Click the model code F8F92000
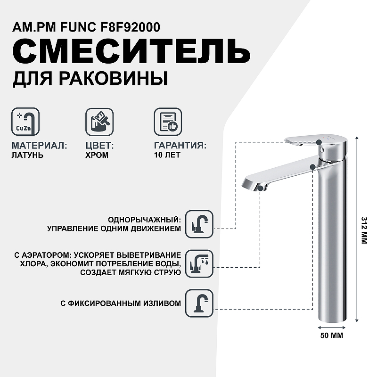tap(130, 27)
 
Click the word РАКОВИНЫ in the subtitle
tap(113, 78)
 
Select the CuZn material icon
tap(25, 122)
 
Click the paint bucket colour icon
tap(99, 122)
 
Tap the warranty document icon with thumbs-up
tap(168, 122)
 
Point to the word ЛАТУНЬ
tap(27, 155)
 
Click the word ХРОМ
tap(97, 155)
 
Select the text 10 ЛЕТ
tap(167, 155)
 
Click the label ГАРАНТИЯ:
tap(180, 146)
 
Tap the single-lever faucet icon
tap(199, 224)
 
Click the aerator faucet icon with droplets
tap(199, 263)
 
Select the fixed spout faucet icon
tap(199, 303)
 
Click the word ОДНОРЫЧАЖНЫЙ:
tap(144, 220)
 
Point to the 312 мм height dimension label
tap(364, 230)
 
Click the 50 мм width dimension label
tap(332, 336)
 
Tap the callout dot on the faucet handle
tap(319, 142)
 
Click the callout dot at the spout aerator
tap(260, 188)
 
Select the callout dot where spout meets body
tap(312, 167)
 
